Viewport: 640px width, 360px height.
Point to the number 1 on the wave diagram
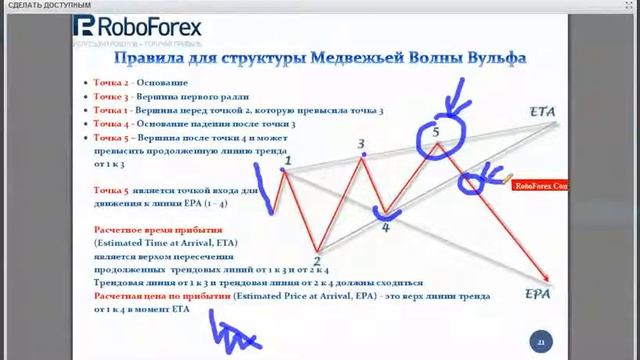[287, 160]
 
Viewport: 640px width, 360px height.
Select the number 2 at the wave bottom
[317, 261]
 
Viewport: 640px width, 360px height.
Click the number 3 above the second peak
[361, 144]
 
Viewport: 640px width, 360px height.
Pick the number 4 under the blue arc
[386, 227]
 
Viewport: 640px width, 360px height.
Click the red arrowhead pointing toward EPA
[546, 280]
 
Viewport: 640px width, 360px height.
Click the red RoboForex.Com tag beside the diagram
[540, 185]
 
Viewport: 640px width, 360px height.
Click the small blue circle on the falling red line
[472, 181]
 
